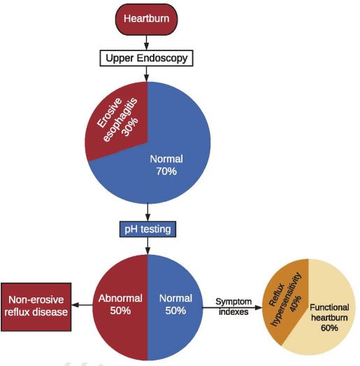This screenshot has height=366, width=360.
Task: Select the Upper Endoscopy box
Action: pyautogui.click(x=147, y=58)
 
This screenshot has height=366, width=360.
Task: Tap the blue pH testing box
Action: pyautogui.click(x=147, y=228)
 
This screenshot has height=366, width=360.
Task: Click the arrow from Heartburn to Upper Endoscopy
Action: pyautogui.click(x=147, y=43)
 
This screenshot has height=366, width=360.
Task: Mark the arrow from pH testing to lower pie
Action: pyautogui.click(x=147, y=245)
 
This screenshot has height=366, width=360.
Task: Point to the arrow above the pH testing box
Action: pyautogui.click(x=147, y=211)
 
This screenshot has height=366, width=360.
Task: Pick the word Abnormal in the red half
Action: pyautogui.click(x=120, y=298)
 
